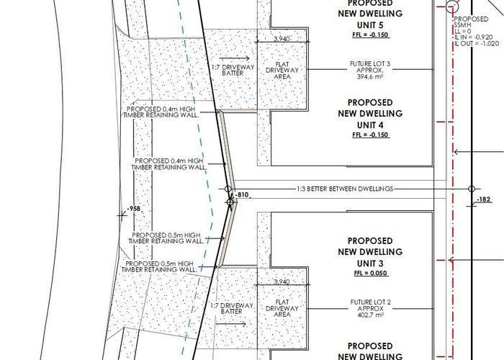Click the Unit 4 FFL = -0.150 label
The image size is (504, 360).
[371, 135]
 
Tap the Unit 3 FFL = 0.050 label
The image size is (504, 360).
[371, 273]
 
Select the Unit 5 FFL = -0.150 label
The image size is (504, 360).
[371, 35]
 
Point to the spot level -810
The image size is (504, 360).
[242, 195]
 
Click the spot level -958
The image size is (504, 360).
[134, 209]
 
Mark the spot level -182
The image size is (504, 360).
[484, 199]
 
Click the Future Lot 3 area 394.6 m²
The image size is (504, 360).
[370, 77]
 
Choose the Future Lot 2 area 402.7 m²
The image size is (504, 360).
[370, 315]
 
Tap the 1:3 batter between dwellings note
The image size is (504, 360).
[345, 189]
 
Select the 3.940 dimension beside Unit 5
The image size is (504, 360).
[282, 39]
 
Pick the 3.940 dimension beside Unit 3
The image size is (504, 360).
[282, 282]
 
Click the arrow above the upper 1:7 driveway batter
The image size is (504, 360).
[234, 58]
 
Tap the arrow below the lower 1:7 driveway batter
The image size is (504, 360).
[231, 324]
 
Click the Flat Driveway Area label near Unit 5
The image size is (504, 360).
[282, 71]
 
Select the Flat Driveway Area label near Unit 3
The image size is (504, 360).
[282, 308]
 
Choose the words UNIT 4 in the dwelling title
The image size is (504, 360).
[370, 125]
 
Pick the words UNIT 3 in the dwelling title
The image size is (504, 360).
[370, 264]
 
